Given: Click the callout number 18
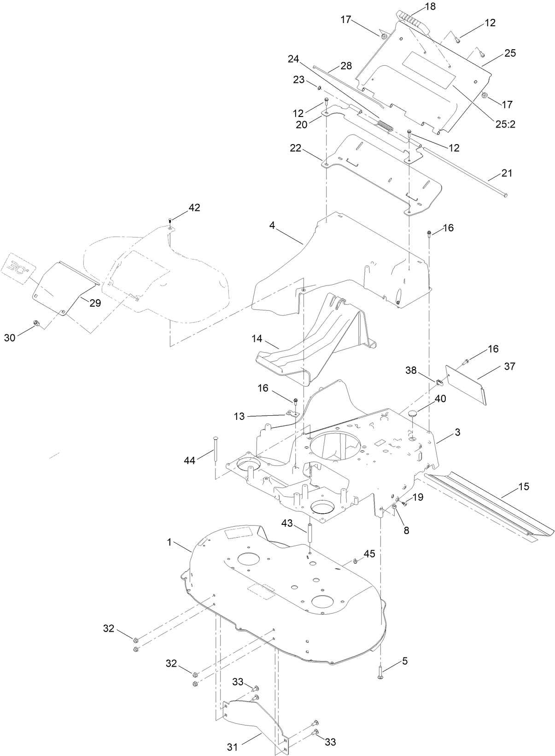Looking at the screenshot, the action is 430,6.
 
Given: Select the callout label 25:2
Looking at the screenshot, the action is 505,124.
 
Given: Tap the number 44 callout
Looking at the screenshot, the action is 190,460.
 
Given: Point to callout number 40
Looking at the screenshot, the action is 440,399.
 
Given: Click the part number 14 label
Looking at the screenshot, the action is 257,338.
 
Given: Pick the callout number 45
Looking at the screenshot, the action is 369,554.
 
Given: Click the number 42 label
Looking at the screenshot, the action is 194,208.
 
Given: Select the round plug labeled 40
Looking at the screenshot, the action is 413,414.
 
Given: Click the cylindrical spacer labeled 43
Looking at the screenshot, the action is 309,533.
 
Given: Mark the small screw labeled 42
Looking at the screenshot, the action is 170,221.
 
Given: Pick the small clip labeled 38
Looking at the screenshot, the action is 439,382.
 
